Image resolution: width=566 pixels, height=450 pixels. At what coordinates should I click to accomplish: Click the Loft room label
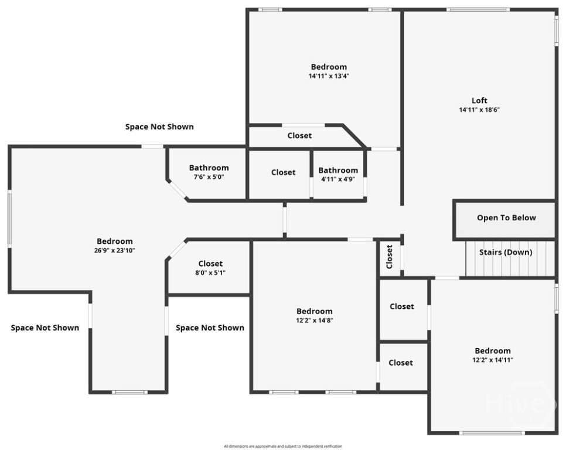pyautogui.click(x=479, y=100)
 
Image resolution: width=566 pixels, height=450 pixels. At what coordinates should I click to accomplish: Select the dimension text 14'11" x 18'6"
pyautogui.click(x=479, y=110)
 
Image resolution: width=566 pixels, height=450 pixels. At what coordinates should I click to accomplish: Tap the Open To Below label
pyautogui.click(x=506, y=217)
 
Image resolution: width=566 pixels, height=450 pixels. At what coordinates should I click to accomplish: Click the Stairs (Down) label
pyautogui.click(x=505, y=253)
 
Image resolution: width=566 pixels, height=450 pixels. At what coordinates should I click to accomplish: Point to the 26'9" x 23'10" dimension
pyautogui.click(x=114, y=250)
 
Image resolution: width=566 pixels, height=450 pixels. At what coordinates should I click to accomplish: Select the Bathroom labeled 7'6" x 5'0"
pyautogui.click(x=209, y=168)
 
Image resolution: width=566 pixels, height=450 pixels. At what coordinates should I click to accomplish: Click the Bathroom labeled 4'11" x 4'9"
pyautogui.click(x=338, y=171)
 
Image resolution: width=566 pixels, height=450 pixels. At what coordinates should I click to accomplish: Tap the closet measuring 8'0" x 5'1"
pyautogui.click(x=210, y=264)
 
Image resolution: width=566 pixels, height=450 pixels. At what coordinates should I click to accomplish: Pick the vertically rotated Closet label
pyautogui.click(x=390, y=257)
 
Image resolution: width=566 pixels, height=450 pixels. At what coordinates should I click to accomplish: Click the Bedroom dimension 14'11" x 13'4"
pyautogui.click(x=329, y=76)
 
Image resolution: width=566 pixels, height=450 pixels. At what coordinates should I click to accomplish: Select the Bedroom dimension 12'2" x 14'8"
pyautogui.click(x=314, y=321)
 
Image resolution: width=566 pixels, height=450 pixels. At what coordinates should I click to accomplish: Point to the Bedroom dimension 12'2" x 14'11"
pyautogui.click(x=492, y=360)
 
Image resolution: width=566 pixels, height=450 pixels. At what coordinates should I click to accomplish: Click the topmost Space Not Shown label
pyautogui.click(x=159, y=127)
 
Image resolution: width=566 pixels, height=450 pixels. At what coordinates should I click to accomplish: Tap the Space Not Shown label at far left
pyautogui.click(x=45, y=328)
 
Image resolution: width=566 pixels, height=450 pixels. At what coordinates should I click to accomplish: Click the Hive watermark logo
pyautogui.click(x=520, y=403)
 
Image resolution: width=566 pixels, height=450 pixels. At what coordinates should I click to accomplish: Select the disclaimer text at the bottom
pyautogui.click(x=282, y=446)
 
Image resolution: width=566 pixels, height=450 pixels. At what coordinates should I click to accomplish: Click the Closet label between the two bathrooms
pyautogui.click(x=283, y=172)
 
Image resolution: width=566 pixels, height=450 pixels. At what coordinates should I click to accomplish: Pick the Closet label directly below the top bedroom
pyautogui.click(x=299, y=135)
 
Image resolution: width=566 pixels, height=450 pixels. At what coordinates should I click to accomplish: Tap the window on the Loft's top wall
pyautogui.click(x=478, y=10)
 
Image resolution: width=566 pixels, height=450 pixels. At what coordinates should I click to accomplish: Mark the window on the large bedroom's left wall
pyautogui.click(x=9, y=218)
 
